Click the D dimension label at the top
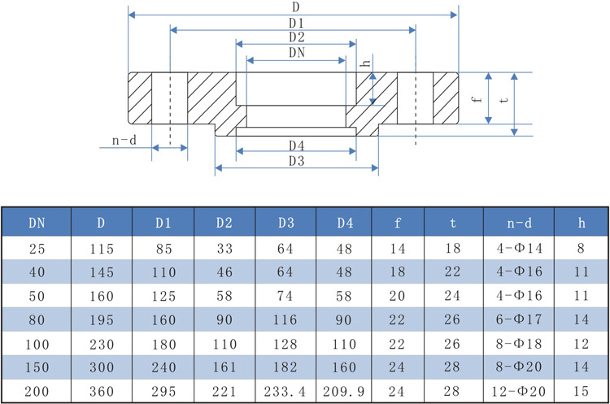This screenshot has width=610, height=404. pyautogui.click(x=294, y=7)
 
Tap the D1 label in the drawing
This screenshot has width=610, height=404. pyautogui.click(x=294, y=22)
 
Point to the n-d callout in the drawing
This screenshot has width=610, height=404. pyautogui.click(x=124, y=141)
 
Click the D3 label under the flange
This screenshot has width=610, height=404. pyautogui.click(x=295, y=161)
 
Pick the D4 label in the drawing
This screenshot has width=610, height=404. pyautogui.click(x=295, y=145)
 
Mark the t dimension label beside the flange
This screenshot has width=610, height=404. pyautogui.click(x=506, y=101)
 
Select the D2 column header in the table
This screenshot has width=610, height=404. pyautogui.click(x=224, y=221)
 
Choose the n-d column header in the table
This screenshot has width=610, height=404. pyautogui.click(x=518, y=221)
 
